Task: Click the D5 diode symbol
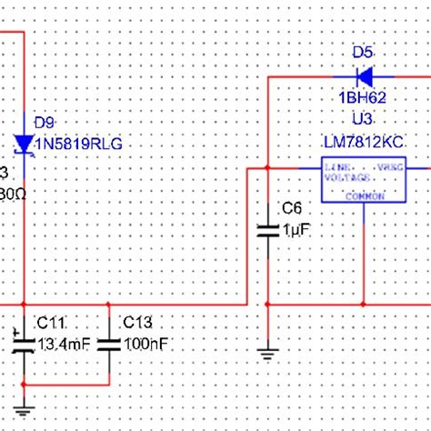point(366,75)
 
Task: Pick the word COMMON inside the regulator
point(365,196)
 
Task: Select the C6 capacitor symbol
point(268,227)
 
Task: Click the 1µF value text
point(296,232)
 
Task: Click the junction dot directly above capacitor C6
point(268,168)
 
